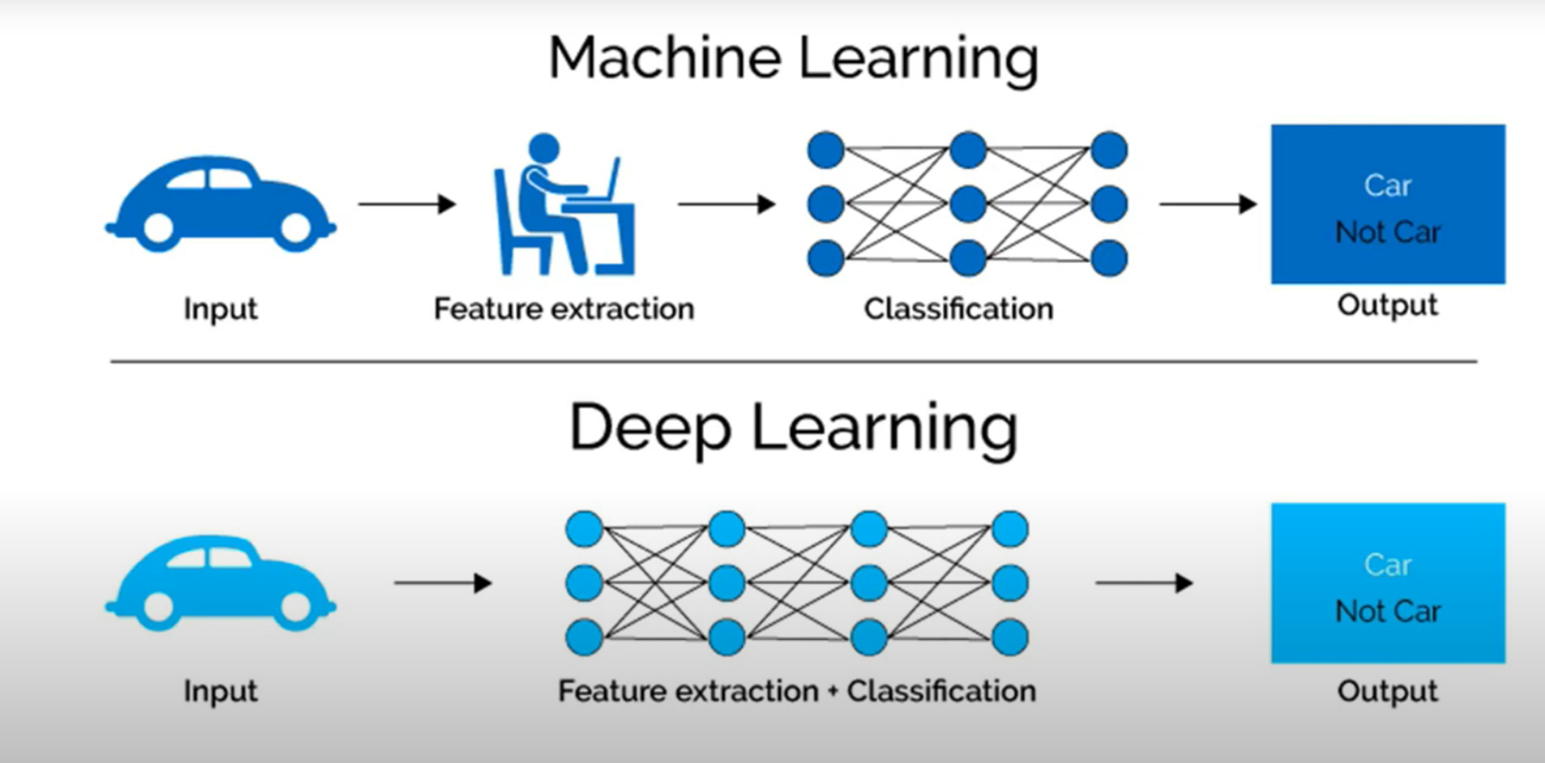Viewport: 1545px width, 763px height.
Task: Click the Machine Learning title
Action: pos(793,59)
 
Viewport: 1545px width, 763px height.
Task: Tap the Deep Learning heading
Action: pos(793,427)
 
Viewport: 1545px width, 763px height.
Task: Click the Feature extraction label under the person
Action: pos(564,309)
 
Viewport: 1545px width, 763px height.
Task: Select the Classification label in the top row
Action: pos(958,309)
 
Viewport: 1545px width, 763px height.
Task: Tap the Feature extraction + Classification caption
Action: pos(796,691)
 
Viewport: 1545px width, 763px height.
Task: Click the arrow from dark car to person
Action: pos(407,205)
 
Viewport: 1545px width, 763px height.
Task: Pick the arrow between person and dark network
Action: pos(726,205)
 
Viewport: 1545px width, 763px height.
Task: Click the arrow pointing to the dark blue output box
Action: pos(1208,205)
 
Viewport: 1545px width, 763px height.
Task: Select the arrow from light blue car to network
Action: pos(442,583)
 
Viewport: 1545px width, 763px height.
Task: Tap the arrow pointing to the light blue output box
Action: pos(1143,583)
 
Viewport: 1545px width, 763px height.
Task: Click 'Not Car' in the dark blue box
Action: pos(1387,232)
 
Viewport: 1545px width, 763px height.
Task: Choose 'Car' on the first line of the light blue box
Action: pos(1387,565)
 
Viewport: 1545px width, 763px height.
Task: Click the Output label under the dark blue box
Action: pos(1387,305)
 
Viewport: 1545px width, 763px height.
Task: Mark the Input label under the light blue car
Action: pos(220,691)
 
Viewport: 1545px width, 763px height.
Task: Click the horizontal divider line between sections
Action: pos(793,362)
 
